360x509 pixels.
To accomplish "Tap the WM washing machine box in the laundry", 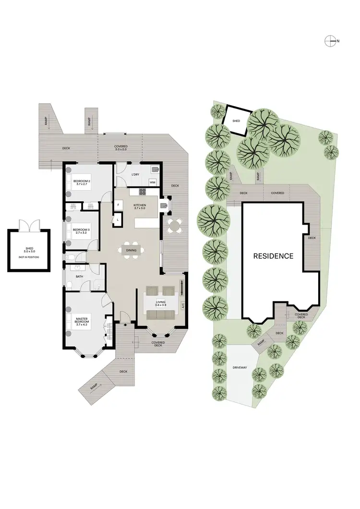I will [x=152, y=182].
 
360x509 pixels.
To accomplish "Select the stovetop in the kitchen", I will [x=143, y=192].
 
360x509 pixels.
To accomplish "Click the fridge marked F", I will [x=118, y=206].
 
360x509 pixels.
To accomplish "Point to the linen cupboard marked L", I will [x=118, y=220].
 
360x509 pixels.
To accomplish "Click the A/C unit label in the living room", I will [x=182, y=305].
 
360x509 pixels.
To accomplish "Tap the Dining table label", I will [x=131, y=250].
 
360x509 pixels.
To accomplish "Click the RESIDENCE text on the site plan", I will [x=273, y=256].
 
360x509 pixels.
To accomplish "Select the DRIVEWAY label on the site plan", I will [x=240, y=367].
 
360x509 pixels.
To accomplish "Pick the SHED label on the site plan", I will [x=236, y=121].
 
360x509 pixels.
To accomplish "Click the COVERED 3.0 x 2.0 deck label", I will [x=120, y=147].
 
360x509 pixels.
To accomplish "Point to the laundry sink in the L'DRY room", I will [x=155, y=169].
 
